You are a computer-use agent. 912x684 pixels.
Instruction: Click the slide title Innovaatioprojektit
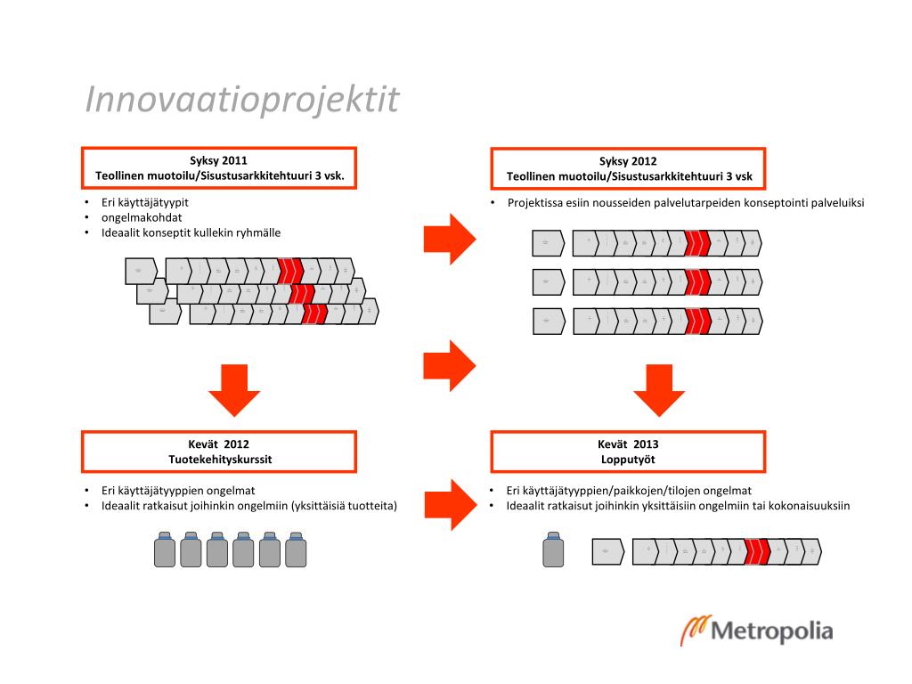pyautogui.click(x=242, y=100)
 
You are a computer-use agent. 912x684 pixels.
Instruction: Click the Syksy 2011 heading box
pyautogui.click(x=219, y=168)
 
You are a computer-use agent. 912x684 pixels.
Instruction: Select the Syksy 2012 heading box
pyautogui.click(x=629, y=168)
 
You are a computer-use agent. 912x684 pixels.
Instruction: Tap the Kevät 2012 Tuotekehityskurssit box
pyautogui.click(x=219, y=452)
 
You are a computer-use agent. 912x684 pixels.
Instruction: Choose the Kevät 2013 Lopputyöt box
pyautogui.click(x=629, y=452)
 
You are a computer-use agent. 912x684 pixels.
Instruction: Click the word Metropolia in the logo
pyautogui.click(x=772, y=632)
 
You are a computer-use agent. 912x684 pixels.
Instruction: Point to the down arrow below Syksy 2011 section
pyautogui.click(x=233, y=389)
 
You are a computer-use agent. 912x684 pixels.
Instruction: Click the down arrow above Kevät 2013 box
pyautogui.click(x=659, y=389)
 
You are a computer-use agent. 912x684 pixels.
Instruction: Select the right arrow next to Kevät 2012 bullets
pyautogui.click(x=451, y=504)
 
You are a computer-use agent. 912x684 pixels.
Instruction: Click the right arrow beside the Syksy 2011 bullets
pyautogui.click(x=451, y=238)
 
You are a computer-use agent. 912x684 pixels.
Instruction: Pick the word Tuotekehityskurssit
pyautogui.click(x=220, y=460)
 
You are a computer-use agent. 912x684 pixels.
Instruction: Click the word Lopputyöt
pyautogui.click(x=629, y=460)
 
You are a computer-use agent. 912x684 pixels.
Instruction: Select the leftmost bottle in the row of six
pyautogui.click(x=164, y=549)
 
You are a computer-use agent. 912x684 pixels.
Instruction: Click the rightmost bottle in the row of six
pyautogui.click(x=296, y=549)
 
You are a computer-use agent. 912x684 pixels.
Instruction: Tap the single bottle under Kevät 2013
pyautogui.click(x=554, y=549)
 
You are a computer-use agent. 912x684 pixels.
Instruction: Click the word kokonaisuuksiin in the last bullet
pyautogui.click(x=809, y=506)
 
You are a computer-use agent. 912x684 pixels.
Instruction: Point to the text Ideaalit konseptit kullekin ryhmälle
pyautogui.click(x=191, y=232)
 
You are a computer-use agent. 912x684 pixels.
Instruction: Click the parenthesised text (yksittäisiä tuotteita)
pyautogui.click(x=344, y=506)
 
